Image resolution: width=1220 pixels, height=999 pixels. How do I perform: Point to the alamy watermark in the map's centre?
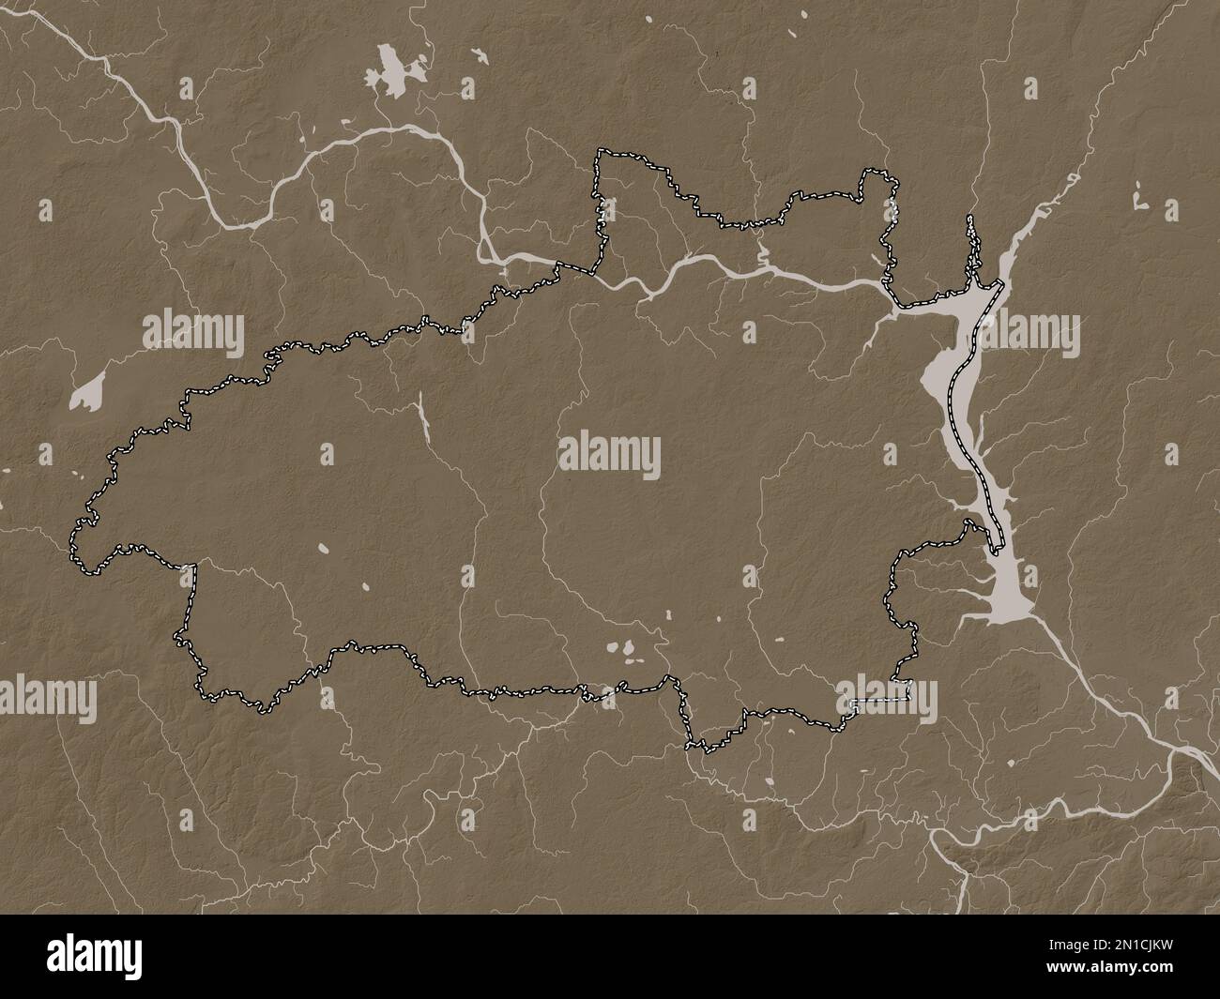coord(609,456)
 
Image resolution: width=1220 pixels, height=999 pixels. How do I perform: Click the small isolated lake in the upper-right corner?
coord(1140,200)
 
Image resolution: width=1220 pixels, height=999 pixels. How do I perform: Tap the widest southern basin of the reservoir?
coord(1008,592)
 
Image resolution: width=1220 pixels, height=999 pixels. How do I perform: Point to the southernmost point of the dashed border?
coord(696,749)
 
